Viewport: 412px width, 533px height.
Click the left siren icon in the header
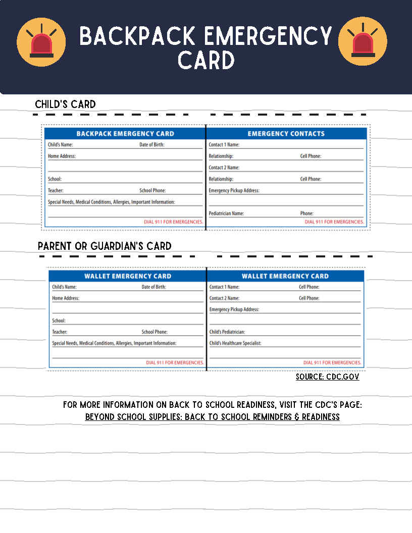[41, 42]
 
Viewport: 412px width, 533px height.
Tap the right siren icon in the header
[363, 41]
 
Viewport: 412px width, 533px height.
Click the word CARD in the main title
[206, 61]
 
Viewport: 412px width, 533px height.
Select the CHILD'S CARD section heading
[65, 104]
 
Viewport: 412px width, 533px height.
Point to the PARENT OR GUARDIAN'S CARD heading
[105, 246]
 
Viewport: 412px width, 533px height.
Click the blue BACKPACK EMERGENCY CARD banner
[125, 134]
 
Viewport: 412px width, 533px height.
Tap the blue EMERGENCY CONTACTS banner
[286, 134]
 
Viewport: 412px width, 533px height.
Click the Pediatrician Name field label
[226, 214]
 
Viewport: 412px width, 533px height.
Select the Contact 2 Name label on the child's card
[224, 168]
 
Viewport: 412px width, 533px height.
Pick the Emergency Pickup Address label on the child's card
[234, 191]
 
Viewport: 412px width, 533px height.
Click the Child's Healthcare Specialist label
[235, 343]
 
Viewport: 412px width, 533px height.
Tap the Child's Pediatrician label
[227, 332]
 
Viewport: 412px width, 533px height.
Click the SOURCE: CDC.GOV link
[327, 377]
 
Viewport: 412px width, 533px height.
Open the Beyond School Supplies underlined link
[212, 417]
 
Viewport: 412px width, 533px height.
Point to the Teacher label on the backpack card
[56, 191]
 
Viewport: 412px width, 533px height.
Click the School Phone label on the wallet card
[154, 332]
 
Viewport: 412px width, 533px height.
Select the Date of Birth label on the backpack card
[152, 145]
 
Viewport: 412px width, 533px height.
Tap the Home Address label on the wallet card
[66, 298]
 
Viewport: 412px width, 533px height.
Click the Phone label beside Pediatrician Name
[306, 214]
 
